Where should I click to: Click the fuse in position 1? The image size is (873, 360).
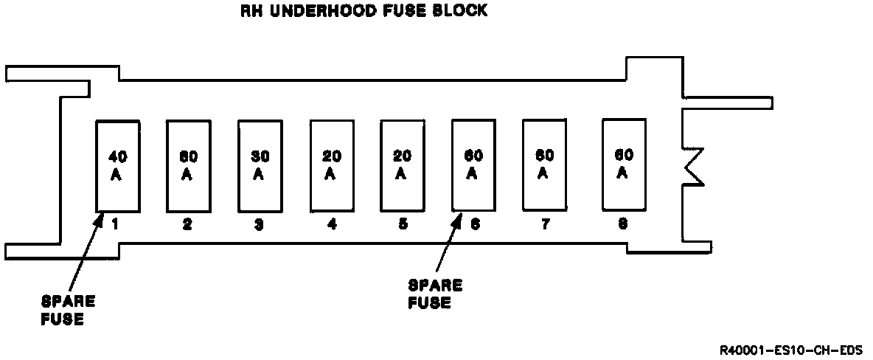117,165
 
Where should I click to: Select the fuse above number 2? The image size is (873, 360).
188,165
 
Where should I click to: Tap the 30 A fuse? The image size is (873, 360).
260,165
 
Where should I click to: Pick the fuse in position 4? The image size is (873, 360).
331,165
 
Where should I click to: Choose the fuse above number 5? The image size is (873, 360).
402,165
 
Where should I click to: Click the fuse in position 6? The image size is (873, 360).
473,165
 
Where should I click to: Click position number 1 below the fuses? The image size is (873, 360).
116,225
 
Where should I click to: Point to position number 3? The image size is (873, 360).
259,226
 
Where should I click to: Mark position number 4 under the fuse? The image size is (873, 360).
332,226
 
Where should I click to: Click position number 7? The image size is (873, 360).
545,224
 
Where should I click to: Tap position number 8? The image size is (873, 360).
623,224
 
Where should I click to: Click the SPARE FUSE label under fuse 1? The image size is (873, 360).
68,311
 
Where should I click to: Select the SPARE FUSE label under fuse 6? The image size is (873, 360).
434,294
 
